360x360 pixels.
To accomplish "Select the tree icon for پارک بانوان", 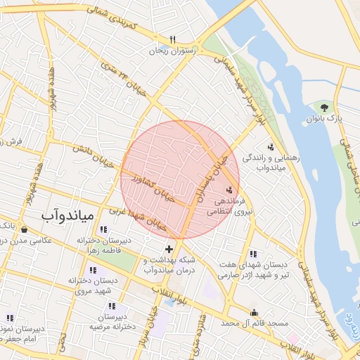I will pyautogui.click(x=324, y=108).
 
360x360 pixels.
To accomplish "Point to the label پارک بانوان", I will pyautogui.click(x=324, y=119).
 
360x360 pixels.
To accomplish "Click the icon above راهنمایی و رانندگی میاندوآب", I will pyautogui.click(x=270, y=147).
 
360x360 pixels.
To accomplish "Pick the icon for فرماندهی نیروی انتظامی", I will pyautogui.click(x=229, y=190).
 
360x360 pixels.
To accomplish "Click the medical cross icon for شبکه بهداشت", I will pyautogui.click(x=169, y=249).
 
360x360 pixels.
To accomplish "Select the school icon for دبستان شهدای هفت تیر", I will pyautogui.click(x=253, y=254).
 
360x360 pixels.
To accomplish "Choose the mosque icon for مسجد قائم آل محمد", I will pyautogui.click(x=254, y=313).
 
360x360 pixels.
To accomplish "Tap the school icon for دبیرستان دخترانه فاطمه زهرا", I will pyautogui.click(x=103, y=229).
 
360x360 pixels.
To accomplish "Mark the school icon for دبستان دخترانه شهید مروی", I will pyautogui.click(x=93, y=270).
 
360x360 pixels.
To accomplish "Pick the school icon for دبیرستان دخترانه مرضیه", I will pyautogui.click(x=111, y=306).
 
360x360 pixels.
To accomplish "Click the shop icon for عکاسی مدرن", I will pyautogui.click(x=25, y=229).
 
